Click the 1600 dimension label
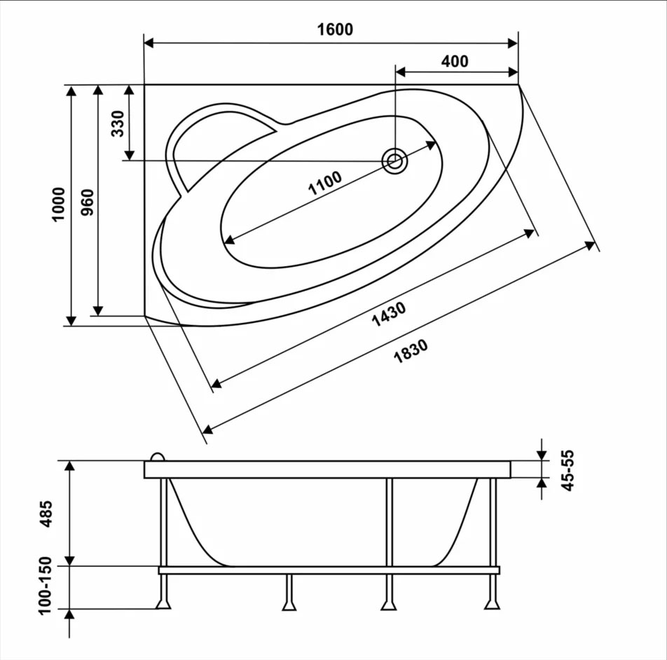(x=335, y=29)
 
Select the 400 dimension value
(x=455, y=61)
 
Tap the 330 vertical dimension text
(x=118, y=123)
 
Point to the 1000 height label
(x=58, y=204)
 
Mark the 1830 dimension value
(x=411, y=351)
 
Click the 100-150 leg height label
(x=45, y=585)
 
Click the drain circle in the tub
(x=394, y=161)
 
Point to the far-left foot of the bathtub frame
(x=163, y=604)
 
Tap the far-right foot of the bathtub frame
(x=492, y=604)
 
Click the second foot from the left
(x=289, y=605)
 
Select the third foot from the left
(x=389, y=604)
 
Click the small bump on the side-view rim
(x=158, y=457)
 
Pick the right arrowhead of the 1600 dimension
(x=513, y=43)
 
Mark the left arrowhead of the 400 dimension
(x=401, y=72)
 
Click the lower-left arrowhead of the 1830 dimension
(x=208, y=429)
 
